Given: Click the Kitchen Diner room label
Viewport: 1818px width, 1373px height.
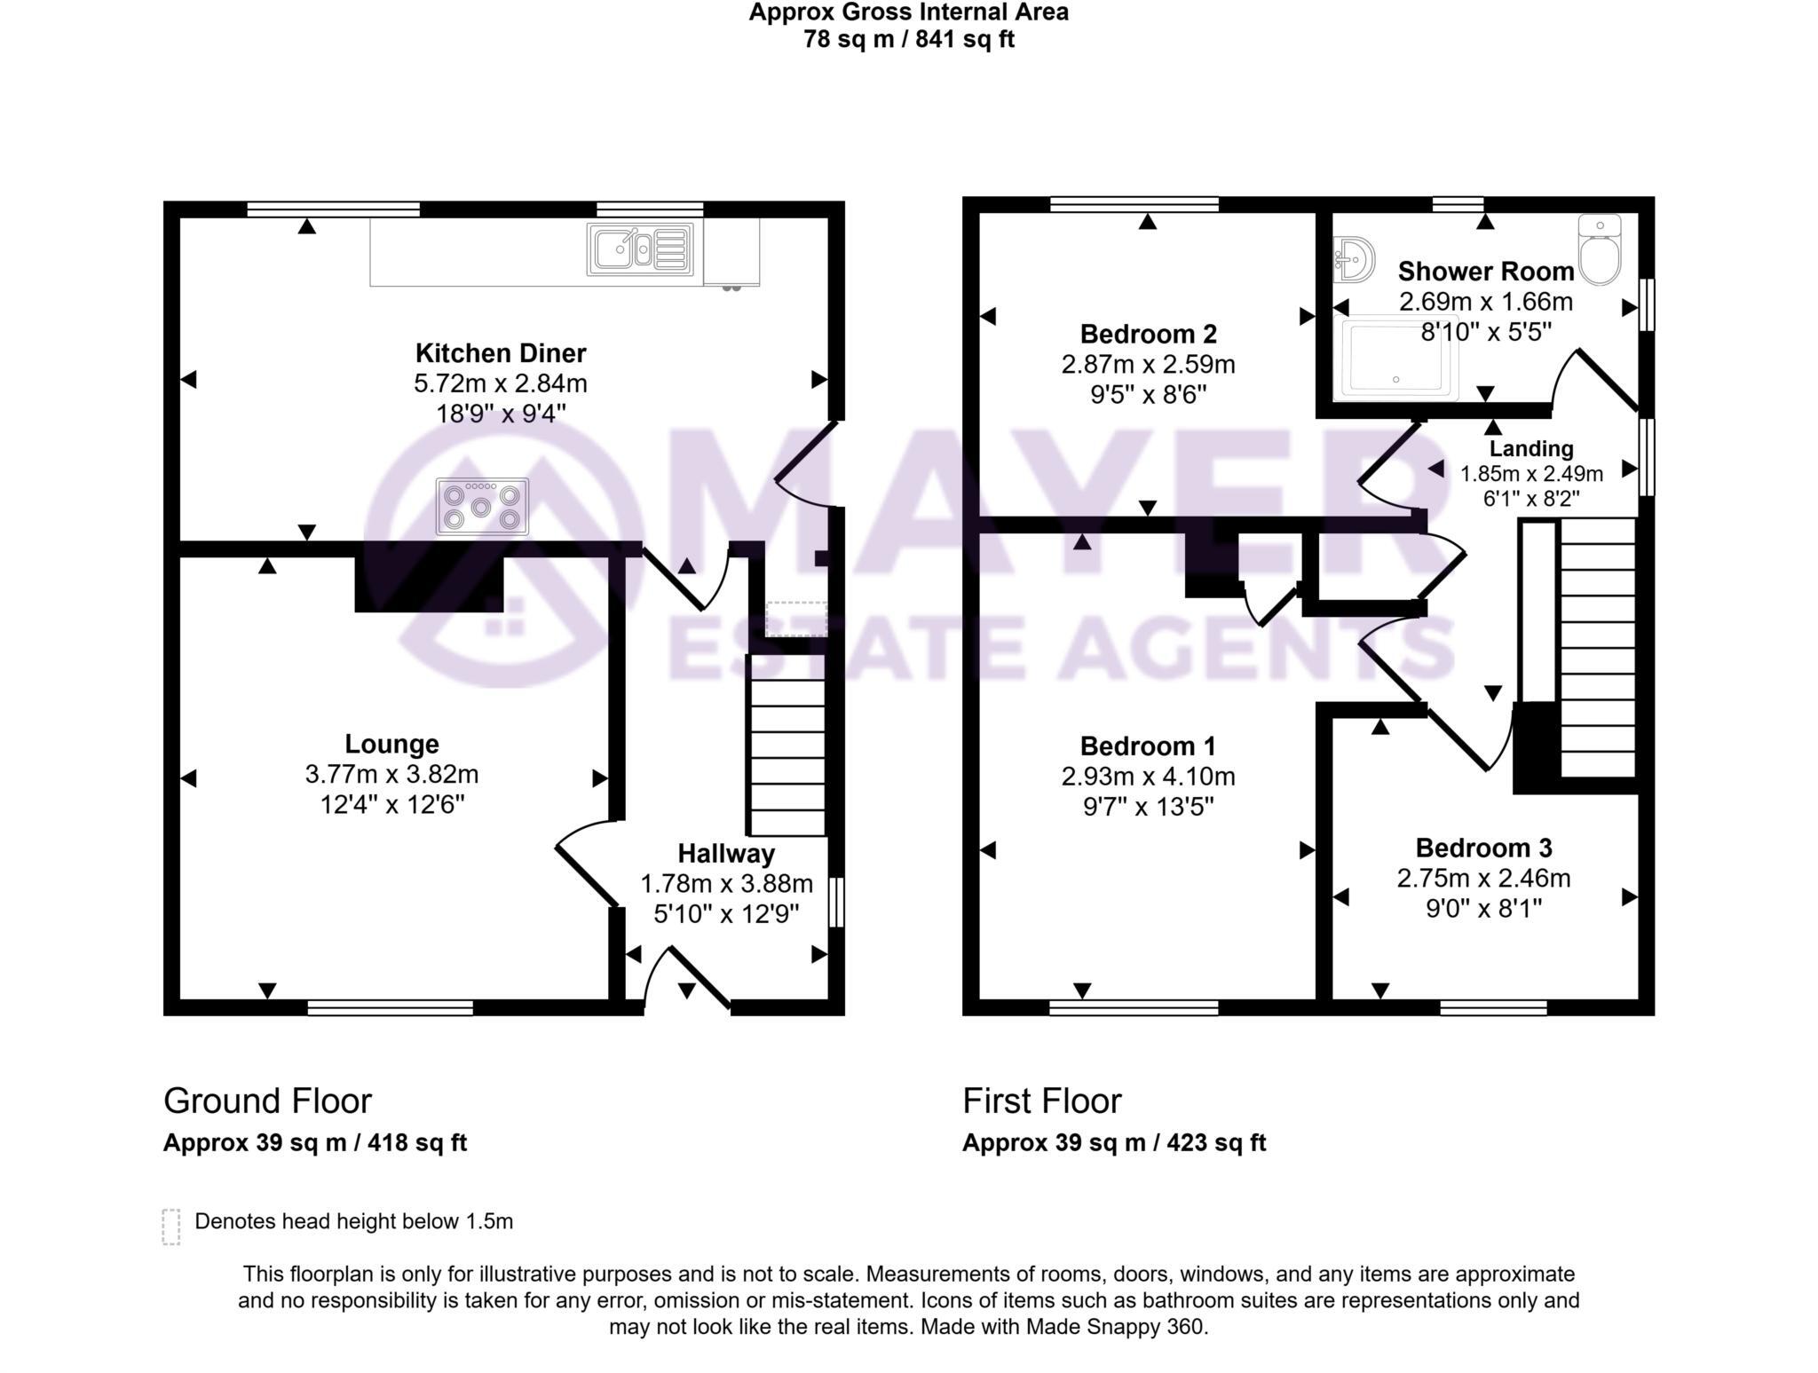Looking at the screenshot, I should pos(501,353).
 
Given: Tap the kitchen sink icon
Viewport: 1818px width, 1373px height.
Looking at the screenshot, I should pos(639,249).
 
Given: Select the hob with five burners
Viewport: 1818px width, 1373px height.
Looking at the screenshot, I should pos(482,507).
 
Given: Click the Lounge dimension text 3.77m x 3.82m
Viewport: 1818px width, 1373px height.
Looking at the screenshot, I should pos(391,775).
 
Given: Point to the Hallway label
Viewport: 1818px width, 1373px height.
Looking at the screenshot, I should pos(726,854).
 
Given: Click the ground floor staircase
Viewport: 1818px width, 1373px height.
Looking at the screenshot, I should pos(787,757).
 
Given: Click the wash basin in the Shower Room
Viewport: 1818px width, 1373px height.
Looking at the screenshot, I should pos(1354,260).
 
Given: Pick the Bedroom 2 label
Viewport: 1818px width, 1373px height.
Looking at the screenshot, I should pos(1148,335).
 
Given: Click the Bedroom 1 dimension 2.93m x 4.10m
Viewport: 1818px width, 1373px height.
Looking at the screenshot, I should pos(1148,777).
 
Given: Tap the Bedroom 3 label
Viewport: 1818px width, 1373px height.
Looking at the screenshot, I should pos(1483,848).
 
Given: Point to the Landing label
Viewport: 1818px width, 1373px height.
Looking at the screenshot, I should pos(1531,449).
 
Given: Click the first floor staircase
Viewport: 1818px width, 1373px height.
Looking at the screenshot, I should pos(1598,648).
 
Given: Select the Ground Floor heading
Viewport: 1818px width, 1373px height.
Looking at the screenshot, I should pos(267,1101).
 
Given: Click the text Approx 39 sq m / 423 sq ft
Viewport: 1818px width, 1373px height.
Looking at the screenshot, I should pos(1114,1142).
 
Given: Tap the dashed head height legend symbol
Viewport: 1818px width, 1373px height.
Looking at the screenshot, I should pos(171,1226).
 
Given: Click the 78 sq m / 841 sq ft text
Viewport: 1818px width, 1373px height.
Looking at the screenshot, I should pos(908,40).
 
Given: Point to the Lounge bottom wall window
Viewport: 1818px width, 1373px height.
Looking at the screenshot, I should pos(391,1007).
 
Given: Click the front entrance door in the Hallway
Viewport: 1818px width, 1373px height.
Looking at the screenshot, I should pos(699,979).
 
